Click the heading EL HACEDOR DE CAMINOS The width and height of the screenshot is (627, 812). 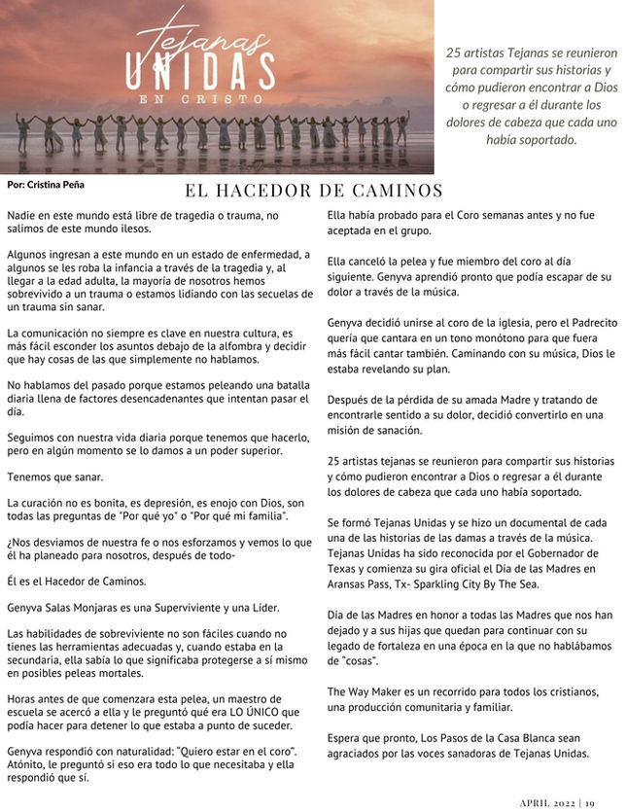(x=313, y=191)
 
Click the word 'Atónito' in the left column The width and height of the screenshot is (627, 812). (x=26, y=765)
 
